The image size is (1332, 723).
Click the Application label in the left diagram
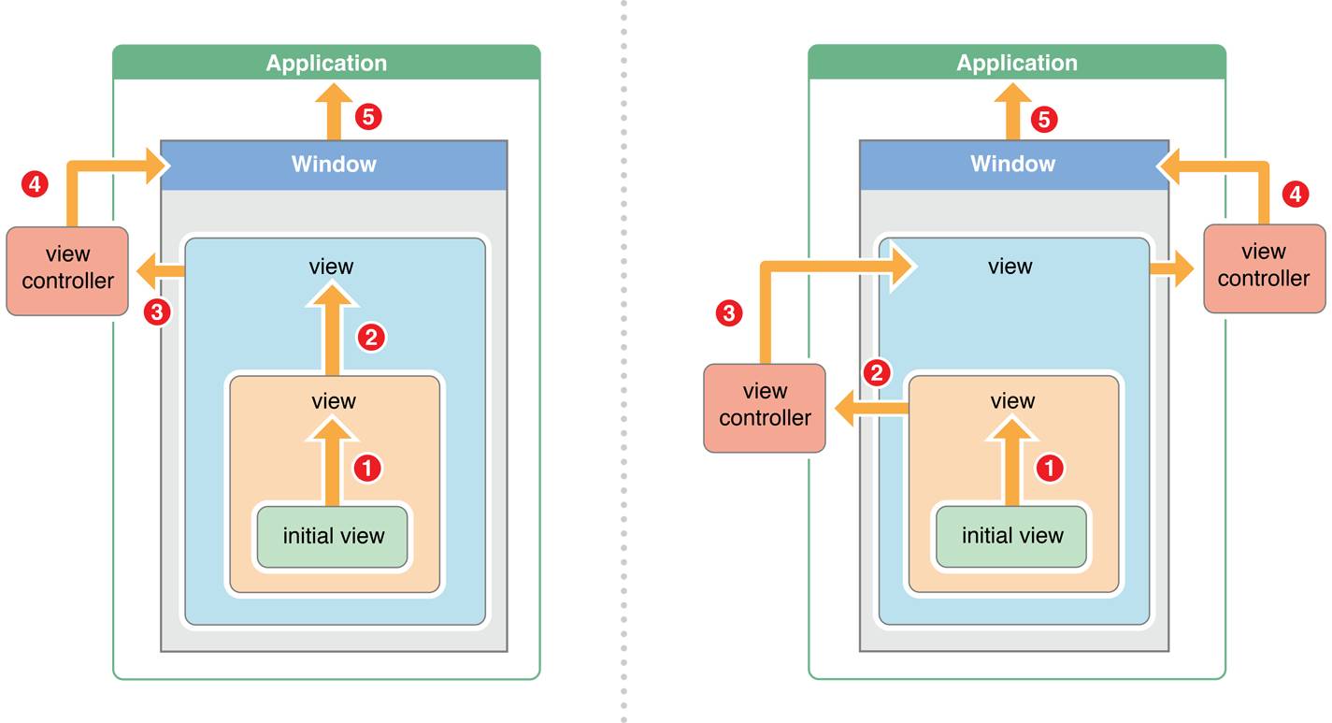coord(326,63)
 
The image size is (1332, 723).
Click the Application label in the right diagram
coord(1017,63)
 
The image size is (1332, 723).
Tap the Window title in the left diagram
coord(334,164)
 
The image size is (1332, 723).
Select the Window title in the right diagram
coord(1012,164)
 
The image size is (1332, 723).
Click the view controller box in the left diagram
coord(67,270)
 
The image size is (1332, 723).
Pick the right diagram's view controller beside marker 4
coord(1264,268)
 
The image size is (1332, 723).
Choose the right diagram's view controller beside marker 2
coord(765,408)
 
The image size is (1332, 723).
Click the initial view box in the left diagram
coord(333,537)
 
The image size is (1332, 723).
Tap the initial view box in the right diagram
coord(1011,537)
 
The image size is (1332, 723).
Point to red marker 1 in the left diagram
coord(367,468)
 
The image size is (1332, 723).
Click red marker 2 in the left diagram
coord(371,338)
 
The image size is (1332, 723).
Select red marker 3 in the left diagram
coord(157,311)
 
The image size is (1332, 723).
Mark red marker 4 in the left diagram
coord(36,184)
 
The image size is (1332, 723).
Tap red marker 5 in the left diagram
coord(368,117)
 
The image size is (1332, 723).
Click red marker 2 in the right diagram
coord(877,373)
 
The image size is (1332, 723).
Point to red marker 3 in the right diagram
coord(729,313)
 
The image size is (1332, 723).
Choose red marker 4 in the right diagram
coord(1296,194)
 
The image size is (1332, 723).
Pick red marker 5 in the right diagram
coord(1044,119)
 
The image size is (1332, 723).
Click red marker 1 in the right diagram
coord(1050,468)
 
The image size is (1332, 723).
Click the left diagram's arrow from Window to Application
coord(334,112)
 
